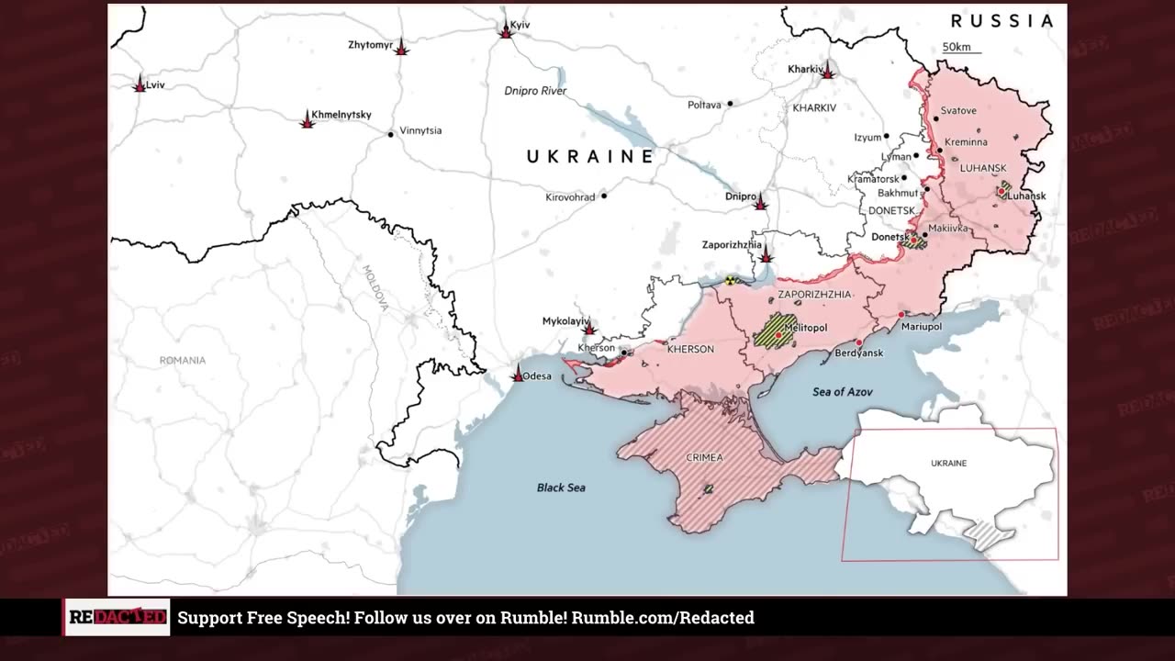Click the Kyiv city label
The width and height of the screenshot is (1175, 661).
click(x=520, y=25)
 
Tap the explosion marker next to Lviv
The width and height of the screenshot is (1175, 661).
click(x=140, y=84)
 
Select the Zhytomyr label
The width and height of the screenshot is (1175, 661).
click(x=370, y=44)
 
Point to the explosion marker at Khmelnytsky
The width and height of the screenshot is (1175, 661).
click(x=308, y=119)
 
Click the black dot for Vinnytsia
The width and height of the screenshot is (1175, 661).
click(x=391, y=134)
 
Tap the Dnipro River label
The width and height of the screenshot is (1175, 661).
click(x=535, y=91)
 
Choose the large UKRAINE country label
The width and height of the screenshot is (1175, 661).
click(x=590, y=157)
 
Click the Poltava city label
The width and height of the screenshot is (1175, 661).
click(x=704, y=105)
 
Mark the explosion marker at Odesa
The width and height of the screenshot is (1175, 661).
click(x=518, y=375)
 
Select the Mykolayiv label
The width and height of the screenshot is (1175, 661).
click(x=565, y=320)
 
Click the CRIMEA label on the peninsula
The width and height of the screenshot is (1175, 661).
click(x=704, y=457)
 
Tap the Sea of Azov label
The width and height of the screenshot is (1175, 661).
click(x=842, y=392)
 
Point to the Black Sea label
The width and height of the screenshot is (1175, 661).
click(x=561, y=487)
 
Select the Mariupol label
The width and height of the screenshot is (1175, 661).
click(x=921, y=326)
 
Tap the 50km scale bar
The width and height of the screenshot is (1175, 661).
click(x=961, y=49)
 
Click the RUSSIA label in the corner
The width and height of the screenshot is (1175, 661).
click(x=1002, y=21)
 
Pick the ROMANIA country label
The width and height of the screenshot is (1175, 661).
click(x=183, y=361)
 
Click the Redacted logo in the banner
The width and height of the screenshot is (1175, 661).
click(x=117, y=618)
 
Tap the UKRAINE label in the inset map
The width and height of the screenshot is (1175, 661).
click(x=948, y=464)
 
